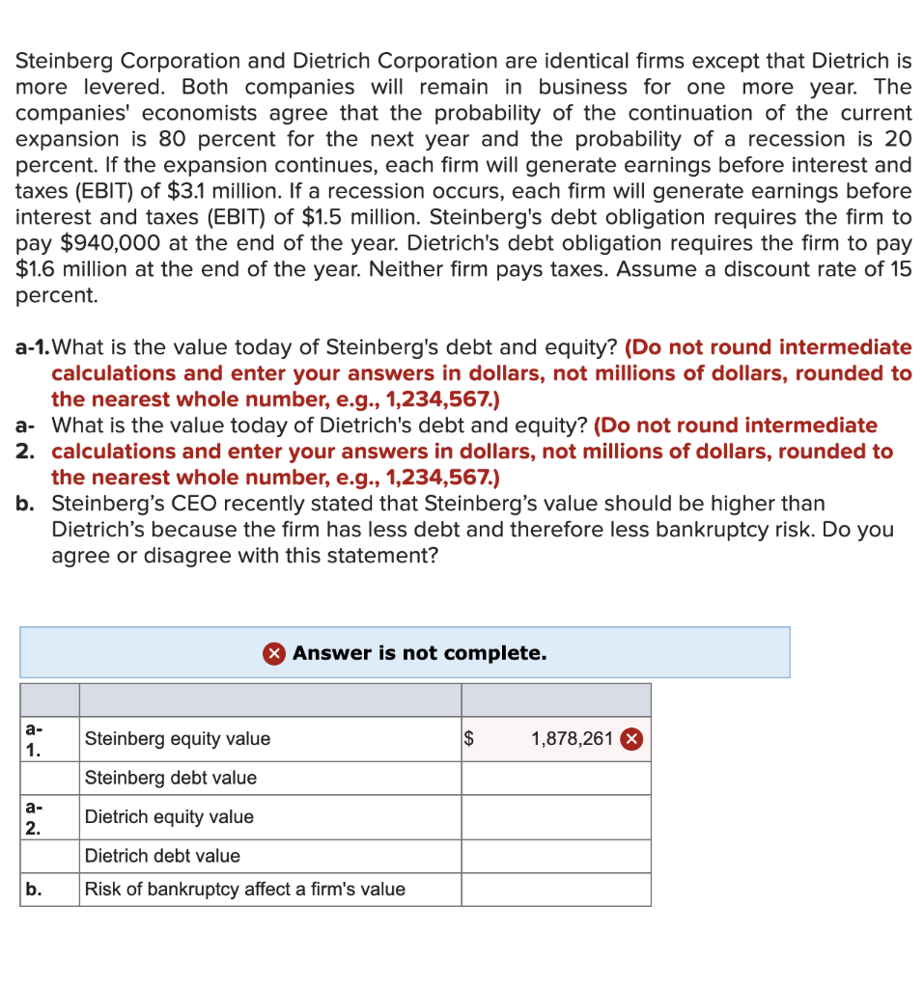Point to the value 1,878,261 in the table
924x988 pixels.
point(572,739)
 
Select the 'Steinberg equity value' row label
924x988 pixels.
point(178,739)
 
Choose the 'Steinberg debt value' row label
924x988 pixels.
point(171,778)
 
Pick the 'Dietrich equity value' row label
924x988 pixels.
point(169,817)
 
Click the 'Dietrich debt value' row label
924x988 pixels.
point(162,856)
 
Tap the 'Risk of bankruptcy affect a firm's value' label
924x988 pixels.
point(245,890)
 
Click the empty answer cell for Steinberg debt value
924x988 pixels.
point(555,778)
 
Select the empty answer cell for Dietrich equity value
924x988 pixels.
point(555,817)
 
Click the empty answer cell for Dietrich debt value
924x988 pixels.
point(555,856)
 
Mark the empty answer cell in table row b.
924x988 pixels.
point(555,890)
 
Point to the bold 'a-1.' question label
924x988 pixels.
point(33,347)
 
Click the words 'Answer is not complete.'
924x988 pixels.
point(420,653)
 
